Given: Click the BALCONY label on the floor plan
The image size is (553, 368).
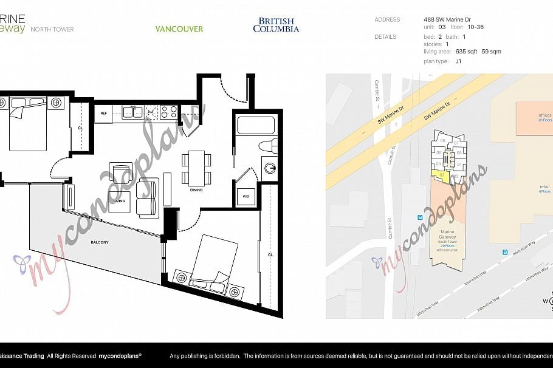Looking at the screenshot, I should tap(100, 242).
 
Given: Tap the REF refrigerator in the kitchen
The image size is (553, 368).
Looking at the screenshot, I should tap(104, 113).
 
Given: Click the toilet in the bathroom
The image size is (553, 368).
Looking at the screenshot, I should tap(267, 146).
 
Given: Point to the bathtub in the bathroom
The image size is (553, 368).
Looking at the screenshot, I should tap(256, 125).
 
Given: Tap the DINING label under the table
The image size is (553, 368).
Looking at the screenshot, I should tap(196, 190).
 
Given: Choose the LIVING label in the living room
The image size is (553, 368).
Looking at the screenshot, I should tap(119, 200).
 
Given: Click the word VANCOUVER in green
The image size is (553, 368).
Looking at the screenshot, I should tap(179, 29).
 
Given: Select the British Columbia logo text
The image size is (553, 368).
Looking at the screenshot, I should tap(276, 26).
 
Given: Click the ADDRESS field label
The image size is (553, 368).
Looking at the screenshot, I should tap(387, 19).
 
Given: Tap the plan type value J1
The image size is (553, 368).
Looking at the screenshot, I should tap(441, 61).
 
